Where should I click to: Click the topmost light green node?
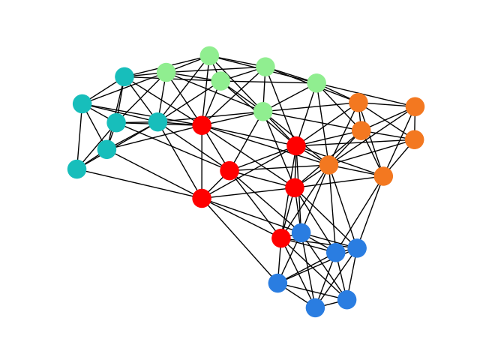(209, 55)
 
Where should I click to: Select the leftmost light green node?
(166, 72)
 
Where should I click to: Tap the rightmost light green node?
(316, 82)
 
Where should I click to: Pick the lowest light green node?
(262, 112)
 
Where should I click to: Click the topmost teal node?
(124, 76)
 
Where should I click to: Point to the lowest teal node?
(76, 169)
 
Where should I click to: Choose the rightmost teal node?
(157, 121)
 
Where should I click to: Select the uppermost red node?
(202, 125)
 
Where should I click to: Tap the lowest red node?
(281, 238)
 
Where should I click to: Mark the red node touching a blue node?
(281, 238)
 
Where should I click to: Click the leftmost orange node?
(328, 165)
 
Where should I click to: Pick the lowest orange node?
(383, 176)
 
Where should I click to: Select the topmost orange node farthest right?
(415, 106)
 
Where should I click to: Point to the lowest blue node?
(315, 307)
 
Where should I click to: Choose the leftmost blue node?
(277, 283)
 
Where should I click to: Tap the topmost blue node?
(301, 232)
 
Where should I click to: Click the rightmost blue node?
(357, 247)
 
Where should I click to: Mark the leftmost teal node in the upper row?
(82, 103)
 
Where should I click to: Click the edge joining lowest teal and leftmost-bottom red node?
(139, 183)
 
